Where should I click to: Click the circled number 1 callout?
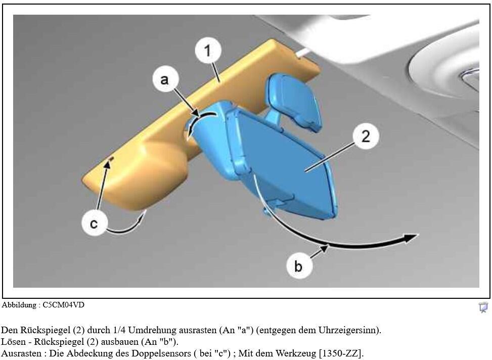tap(208, 51)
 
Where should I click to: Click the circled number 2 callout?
tap(366, 137)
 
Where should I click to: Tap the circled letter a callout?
tap(165, 79)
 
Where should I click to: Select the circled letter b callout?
tap(299, 266)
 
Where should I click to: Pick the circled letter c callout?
tap(94, 223)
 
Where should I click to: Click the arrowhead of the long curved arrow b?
tap(412, 238)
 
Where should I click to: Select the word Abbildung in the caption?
tap(19, 305)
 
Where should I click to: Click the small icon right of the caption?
tap(483, 307)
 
